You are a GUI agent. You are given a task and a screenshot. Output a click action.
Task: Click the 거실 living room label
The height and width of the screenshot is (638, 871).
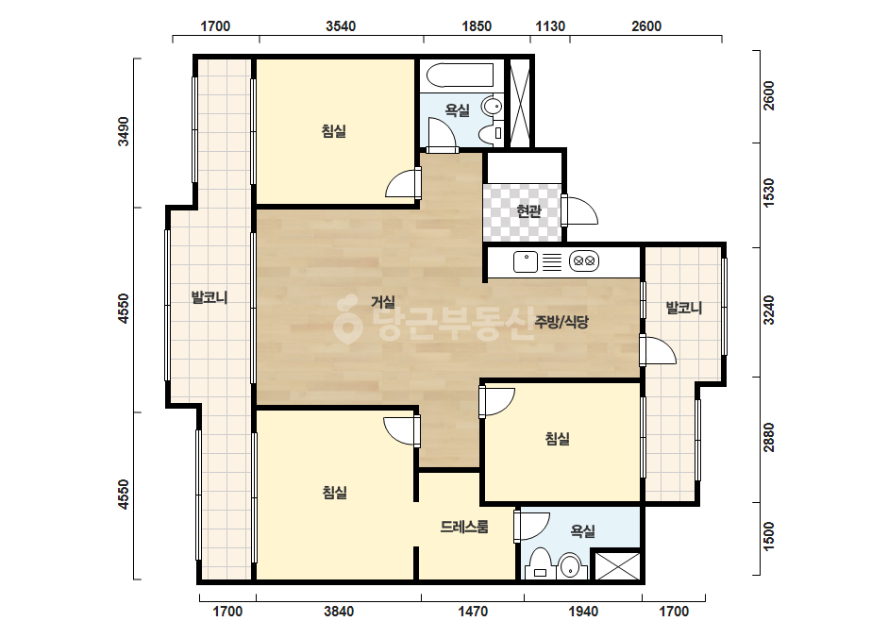(383, 302)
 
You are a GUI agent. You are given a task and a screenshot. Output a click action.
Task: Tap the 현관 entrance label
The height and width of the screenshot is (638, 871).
(528, 211)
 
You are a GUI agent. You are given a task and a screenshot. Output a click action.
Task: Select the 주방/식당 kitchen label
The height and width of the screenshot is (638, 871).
(561, 322)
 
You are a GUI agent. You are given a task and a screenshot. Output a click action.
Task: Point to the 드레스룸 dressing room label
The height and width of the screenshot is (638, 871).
(464, 527)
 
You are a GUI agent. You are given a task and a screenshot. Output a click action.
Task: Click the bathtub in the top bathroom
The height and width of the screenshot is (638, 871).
(457, 76)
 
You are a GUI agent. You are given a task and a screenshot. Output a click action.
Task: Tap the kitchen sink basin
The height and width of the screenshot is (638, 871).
(525, 261)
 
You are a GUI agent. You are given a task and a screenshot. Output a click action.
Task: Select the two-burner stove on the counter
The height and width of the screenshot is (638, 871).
(584, 260)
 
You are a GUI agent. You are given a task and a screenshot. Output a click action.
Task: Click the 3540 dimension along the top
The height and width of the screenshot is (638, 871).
(341, 26)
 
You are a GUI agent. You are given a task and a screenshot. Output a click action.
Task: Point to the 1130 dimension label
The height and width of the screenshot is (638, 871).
(550, 26)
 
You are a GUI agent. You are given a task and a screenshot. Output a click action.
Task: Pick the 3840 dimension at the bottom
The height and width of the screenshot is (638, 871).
(339, 612)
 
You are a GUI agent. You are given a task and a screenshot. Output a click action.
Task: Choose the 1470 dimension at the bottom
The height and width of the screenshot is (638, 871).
(473, 612)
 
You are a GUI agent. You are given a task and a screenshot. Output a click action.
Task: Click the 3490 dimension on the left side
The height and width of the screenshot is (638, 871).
(124, 132)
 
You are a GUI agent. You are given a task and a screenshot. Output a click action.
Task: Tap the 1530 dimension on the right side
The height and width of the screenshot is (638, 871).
(768, 193)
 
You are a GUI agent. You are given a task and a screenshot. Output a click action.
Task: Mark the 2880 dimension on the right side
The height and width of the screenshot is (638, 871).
(768, 437)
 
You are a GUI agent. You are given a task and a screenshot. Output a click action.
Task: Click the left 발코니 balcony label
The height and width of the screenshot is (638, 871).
(209, 297)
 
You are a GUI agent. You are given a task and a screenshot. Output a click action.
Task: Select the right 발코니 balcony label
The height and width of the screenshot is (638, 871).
(684, 308)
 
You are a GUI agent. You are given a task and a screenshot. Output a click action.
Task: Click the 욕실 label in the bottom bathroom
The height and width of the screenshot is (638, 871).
(582, 531)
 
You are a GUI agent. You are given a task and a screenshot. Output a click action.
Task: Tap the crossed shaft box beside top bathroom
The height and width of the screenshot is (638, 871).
(521, 103)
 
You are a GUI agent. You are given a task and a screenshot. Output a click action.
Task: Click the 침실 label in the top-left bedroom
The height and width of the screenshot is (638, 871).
(334, 131)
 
